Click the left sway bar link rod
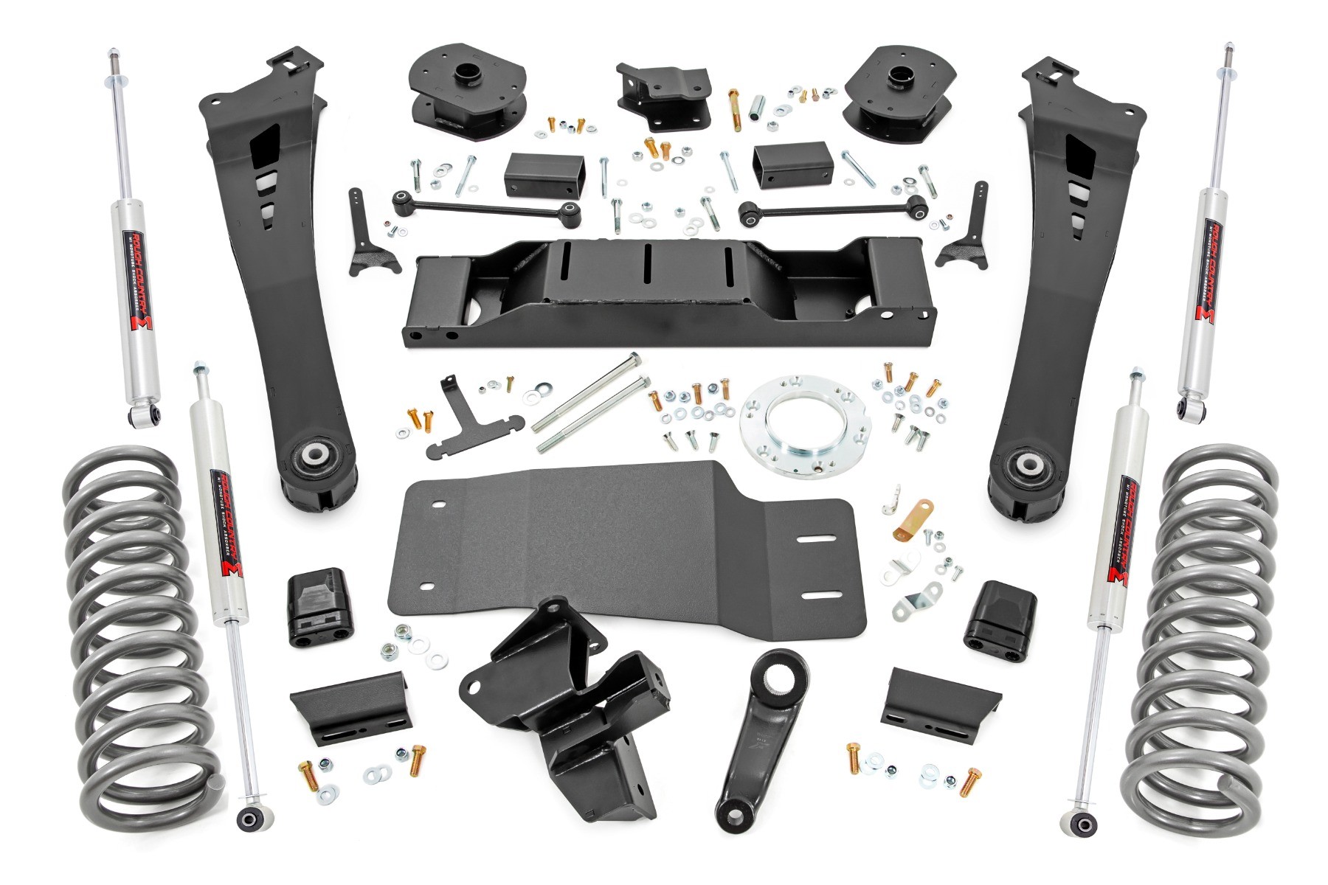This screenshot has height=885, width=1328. click(x=487, y=206)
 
